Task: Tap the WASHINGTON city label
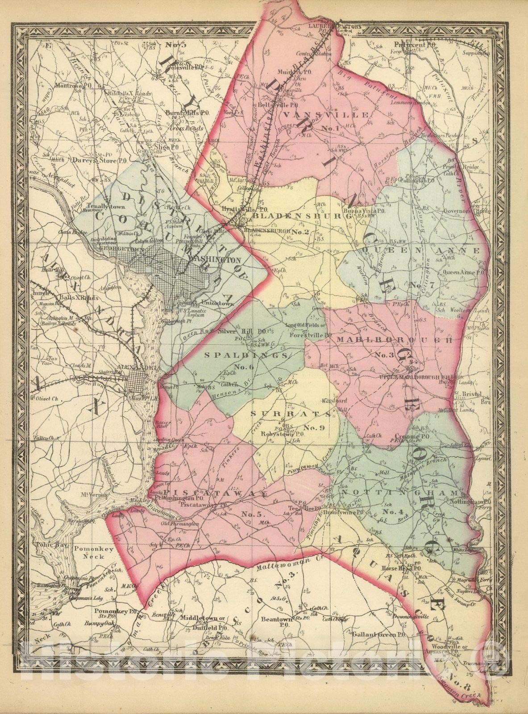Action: pos(215,260)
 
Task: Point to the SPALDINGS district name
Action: pos(246,355)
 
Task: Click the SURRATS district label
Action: pos(291,413)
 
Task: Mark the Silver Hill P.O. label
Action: pos(237,332)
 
